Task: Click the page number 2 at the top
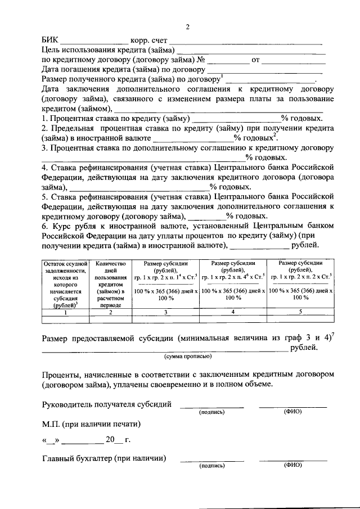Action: coord(188,26)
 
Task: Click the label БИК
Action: coord(49,40)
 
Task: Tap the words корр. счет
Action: coord(148,40)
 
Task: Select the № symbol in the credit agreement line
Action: coord(200,60)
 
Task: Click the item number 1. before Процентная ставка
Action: coord(46,118)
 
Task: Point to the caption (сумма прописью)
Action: coord(188,357)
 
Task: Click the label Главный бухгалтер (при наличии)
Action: coord(104,458)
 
